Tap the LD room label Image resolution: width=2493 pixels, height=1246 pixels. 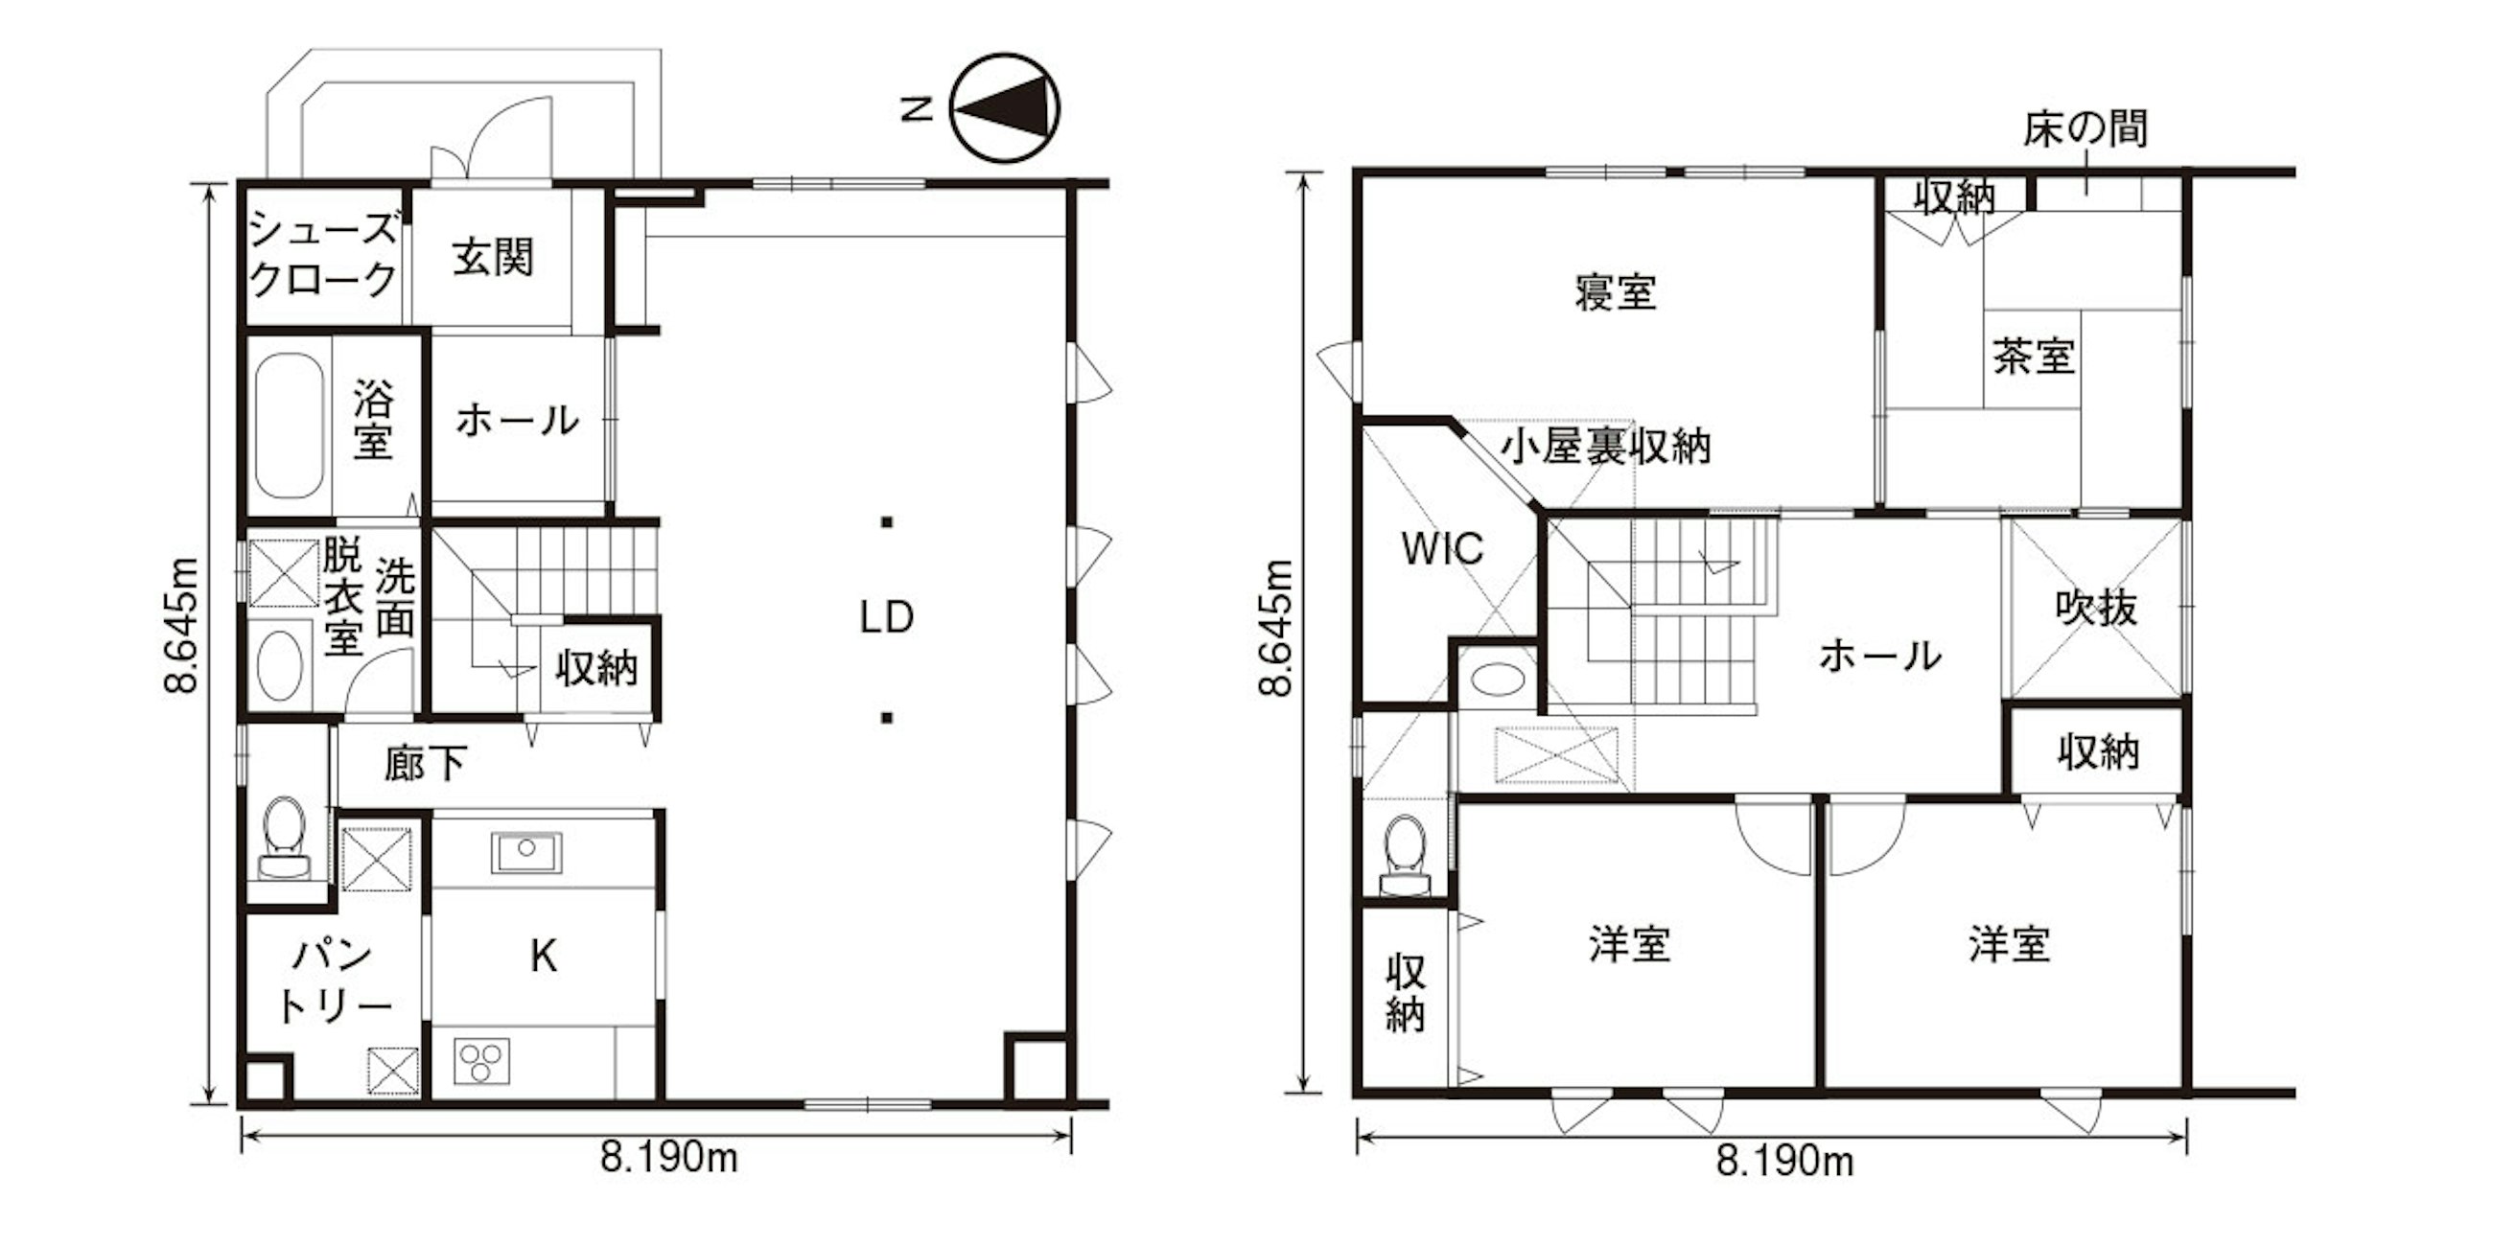tap(887, 618)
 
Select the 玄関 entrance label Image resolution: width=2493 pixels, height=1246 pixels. tap(493, 257)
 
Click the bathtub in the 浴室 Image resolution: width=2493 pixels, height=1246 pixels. tap(289, 426)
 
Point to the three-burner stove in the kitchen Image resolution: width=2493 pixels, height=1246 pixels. tap(481, 1061)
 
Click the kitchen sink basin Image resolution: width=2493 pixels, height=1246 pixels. tap(525, 852)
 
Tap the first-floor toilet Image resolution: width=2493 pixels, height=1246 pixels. tap(285, 838)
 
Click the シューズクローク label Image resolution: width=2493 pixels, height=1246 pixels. tap(323, 254)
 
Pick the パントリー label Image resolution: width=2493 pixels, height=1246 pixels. tap(333, 980)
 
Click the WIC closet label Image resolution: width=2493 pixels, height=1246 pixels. tap(1442, 548)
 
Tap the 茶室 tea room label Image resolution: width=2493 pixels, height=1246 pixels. tap(2034, 356)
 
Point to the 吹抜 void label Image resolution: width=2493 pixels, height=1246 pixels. tap(2096, 609)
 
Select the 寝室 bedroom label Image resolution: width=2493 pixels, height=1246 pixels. tap(1616, 291)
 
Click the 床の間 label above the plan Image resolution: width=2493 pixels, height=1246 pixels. tap(2085, 128)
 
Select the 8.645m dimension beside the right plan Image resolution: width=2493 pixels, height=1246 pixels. tap(1277, 628)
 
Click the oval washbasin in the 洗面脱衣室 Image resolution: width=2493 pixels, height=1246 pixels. tap(280, 665)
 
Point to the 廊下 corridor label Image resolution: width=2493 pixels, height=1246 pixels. tap(426, 763)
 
